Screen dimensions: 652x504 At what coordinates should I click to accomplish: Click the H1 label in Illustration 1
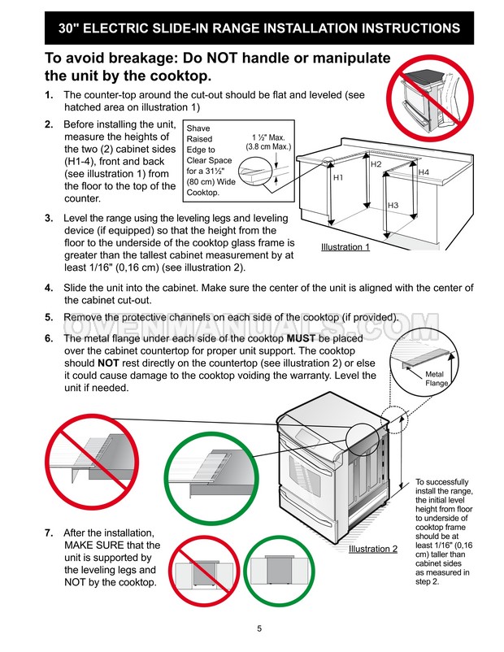coord(338,177)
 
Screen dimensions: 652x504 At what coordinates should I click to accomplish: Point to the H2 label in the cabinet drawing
coord(376,165)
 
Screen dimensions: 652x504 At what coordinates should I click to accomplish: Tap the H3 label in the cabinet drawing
coord(393,206)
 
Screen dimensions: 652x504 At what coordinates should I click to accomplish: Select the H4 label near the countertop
coord(423,172)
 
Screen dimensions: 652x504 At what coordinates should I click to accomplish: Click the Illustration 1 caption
coord(345,246)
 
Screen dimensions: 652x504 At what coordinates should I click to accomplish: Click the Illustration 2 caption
coord(373,549)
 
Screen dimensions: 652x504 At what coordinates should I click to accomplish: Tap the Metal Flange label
coord(437,377)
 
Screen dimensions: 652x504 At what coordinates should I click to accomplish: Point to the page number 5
coord(259,628)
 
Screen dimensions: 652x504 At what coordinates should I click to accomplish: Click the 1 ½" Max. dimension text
coord(267,137)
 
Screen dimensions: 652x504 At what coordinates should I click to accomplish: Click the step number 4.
coord(49,288)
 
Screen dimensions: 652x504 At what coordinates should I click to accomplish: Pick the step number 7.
coord(49,532)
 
